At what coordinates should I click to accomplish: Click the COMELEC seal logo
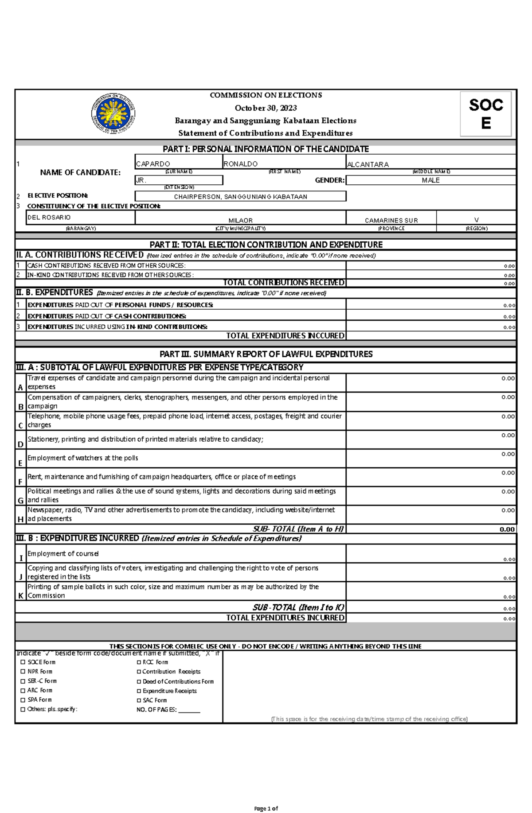113,114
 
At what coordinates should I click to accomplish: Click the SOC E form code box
486,114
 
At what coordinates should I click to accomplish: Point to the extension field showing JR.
178,180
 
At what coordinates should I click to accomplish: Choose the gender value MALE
430,180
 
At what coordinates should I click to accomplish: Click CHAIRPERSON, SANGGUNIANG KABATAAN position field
240,197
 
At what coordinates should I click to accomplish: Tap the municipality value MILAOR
240,220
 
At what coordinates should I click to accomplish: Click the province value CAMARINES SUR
391,220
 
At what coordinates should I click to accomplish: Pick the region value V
476,220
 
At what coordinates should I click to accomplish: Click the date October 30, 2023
266,108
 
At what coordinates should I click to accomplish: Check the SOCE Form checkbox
23,662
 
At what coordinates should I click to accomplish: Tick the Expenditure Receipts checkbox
139,691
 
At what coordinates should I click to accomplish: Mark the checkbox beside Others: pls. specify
23,709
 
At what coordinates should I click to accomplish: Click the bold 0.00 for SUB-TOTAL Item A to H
507,529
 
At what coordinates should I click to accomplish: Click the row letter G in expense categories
20,500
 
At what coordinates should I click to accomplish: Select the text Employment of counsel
63,553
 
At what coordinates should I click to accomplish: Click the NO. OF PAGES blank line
189,710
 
